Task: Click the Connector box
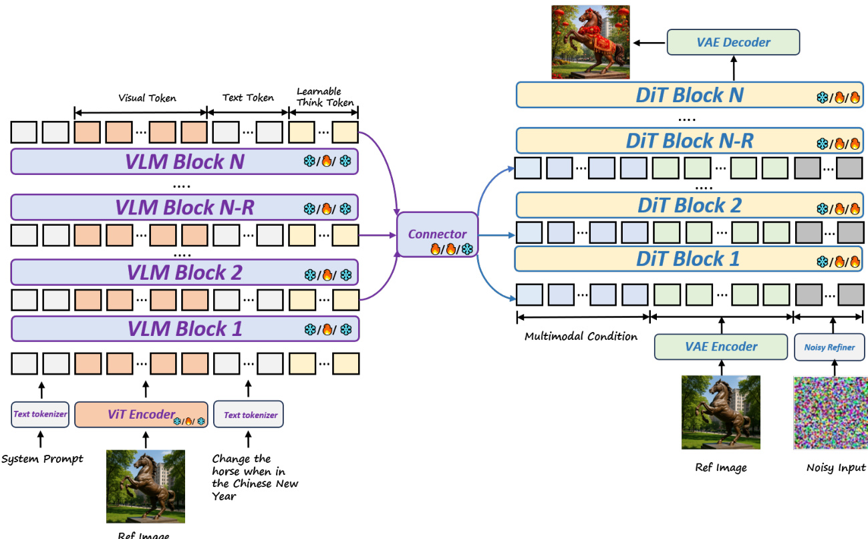click(x=438, y=234)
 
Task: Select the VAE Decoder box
click(x=733, y=42)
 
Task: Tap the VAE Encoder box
click(x=721, y=347)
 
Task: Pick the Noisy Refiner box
click(x=829, y=347)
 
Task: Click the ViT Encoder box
click(x=142, y=415)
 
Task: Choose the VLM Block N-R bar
click(x=184, y=207)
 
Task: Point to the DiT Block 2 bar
click(x=688, y=205)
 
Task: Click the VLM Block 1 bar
click(x=184, y=329)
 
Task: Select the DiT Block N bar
click(x=688, y=95)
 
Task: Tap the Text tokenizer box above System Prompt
click(x=40, y=414)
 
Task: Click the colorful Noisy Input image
click(x=829, y=412)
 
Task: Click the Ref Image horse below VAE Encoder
click(x=721, y=411)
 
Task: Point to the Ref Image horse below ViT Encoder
click(x=146, y=486)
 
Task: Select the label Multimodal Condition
click(x=581, y=336)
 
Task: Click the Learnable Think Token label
click(x=319, y=97)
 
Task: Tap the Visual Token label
click(x=147, y=98)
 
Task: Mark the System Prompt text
click(x=42, y=459)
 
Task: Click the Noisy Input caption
click(x=835, y=468)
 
